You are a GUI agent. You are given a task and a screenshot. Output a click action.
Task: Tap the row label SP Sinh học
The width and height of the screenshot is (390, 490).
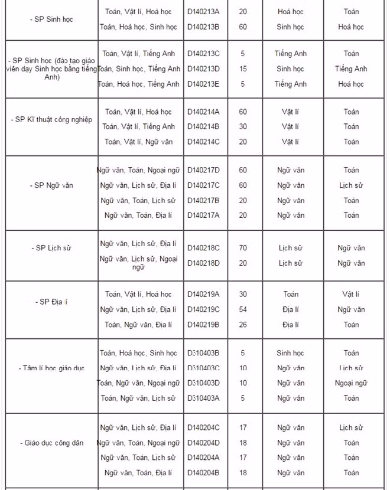tap(51, 19)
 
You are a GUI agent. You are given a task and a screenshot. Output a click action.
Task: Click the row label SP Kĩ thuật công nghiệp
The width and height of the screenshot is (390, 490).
tap(51, 119)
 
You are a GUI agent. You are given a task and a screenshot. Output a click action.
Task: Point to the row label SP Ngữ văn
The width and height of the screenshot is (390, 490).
tap(51, 185)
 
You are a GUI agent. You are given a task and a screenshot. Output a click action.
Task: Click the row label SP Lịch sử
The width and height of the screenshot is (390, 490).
tap(51, 248)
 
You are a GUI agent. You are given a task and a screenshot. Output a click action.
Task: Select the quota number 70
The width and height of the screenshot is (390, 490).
tap(243, 248)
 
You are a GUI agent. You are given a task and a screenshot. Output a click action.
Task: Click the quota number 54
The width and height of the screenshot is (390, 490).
tap(243, 309)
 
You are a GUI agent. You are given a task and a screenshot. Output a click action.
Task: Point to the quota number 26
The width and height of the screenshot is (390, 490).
tap(243, 325)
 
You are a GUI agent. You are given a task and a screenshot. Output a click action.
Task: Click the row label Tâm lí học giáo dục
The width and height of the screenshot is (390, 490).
tap(51, 368)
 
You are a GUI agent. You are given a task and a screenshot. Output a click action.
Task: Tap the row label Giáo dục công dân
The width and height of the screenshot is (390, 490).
tap(51, 442)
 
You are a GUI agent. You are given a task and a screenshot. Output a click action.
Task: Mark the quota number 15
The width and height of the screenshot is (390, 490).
tap(243, 69)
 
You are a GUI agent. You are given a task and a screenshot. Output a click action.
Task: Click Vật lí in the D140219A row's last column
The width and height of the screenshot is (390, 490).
tap(351, 294)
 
